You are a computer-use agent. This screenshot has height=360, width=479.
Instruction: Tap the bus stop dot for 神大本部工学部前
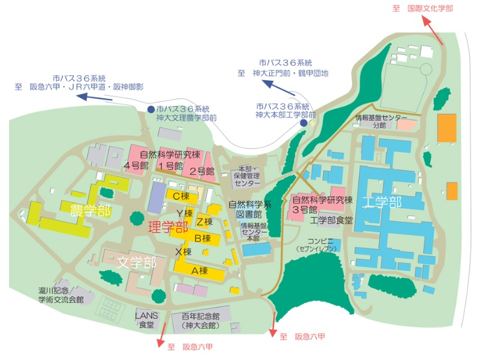click(x=304, y=122)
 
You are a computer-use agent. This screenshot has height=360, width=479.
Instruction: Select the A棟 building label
click(x=199, y=271)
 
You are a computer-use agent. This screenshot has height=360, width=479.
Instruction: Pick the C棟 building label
click(x=181, y=196)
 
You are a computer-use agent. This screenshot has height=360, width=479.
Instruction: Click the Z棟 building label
click(x=204, y=222)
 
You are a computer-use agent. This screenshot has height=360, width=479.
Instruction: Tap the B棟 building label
click(x=201, y=238)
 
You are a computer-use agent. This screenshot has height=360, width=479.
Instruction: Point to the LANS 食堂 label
click(x=146, y=320)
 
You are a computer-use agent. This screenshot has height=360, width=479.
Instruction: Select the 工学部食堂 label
click(x=331, y=220)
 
